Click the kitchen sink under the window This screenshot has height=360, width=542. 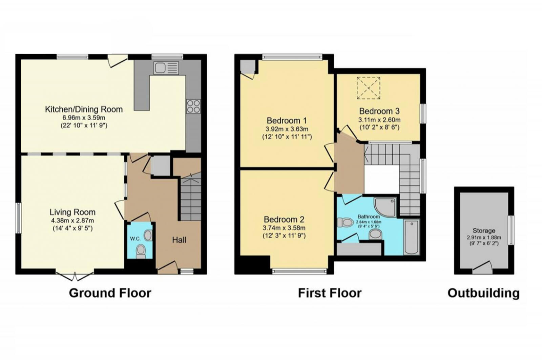166,68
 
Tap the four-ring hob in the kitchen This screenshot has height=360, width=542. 193,106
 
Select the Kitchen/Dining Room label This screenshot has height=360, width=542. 84,109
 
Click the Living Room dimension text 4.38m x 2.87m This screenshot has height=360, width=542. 72,220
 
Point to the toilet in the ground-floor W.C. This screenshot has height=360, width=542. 141,251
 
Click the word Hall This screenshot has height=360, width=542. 179,240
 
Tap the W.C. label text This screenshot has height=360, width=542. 135,239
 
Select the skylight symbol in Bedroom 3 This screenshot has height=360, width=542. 369,88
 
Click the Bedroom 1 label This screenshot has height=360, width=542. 287,120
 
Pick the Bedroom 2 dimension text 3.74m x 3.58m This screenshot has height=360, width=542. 284,228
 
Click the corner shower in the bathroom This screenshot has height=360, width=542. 386,207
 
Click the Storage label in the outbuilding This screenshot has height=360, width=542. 484,231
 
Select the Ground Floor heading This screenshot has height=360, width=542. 110,293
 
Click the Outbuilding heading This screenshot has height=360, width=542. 483,293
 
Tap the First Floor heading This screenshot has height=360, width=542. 330,293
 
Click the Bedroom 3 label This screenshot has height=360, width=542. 379,111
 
